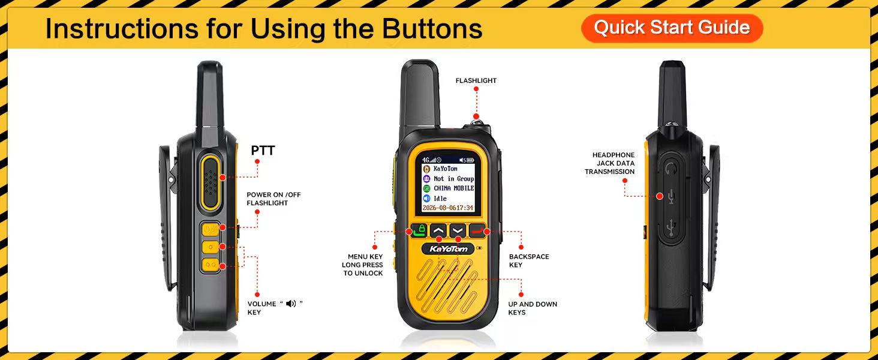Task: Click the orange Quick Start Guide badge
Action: click(x=672, y=28)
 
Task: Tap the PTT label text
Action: click(x=263, y=150)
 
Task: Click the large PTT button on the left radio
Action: click(x=211, y=182)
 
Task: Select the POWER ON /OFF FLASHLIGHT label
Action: click(x=273, y=199)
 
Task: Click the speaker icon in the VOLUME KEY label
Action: click(x=291, y=304)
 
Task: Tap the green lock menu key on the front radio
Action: click(x=418, y=230)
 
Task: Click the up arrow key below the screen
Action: click(x=438, y=230)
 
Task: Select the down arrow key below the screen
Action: click(x=458, y=230)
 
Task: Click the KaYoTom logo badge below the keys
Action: click(x=448, y=249)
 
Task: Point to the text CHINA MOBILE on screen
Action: click(x=453, y=188)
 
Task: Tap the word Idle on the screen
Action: click(x=440, y=199)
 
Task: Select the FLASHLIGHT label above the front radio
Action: click(x=476, y=80)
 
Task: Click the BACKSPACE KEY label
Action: click(x=529, y=261)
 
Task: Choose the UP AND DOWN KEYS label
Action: click(x=533, y=308)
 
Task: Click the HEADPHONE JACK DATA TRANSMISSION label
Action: click(x=609, y=163)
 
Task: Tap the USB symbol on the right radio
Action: click(x=671, y=228)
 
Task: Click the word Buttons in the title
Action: click(x=432, y=28)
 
